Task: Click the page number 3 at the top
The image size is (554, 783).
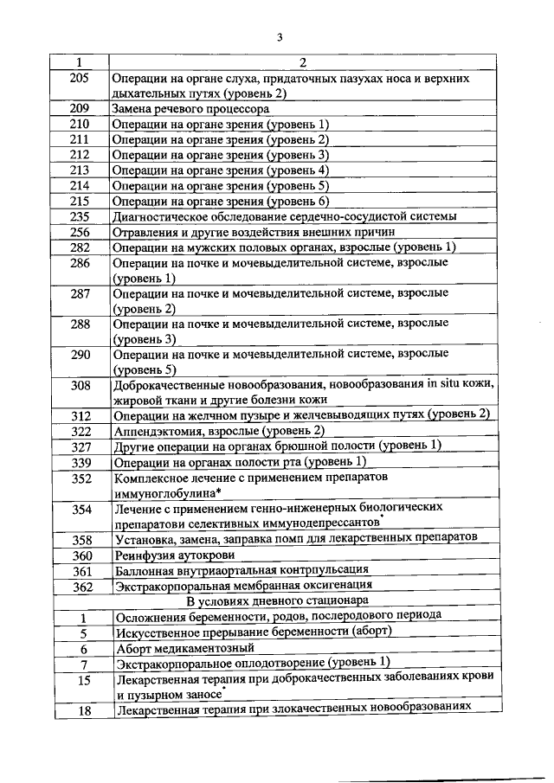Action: (280, 36)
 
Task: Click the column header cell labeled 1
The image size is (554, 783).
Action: (80, 63)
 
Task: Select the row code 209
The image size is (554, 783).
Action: (80, 109)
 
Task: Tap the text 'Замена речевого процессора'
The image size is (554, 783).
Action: (191, 109)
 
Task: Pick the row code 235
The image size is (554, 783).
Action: (80, 216)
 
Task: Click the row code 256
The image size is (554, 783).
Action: (80, 232)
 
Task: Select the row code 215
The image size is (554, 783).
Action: (80, 201)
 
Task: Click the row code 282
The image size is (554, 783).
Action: (80, 247)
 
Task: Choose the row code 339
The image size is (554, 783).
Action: (81, 462)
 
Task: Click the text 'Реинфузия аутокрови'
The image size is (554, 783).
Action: (170, 555)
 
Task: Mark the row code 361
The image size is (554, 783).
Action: (81, 570)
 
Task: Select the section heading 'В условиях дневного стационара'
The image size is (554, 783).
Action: (280, 600)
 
